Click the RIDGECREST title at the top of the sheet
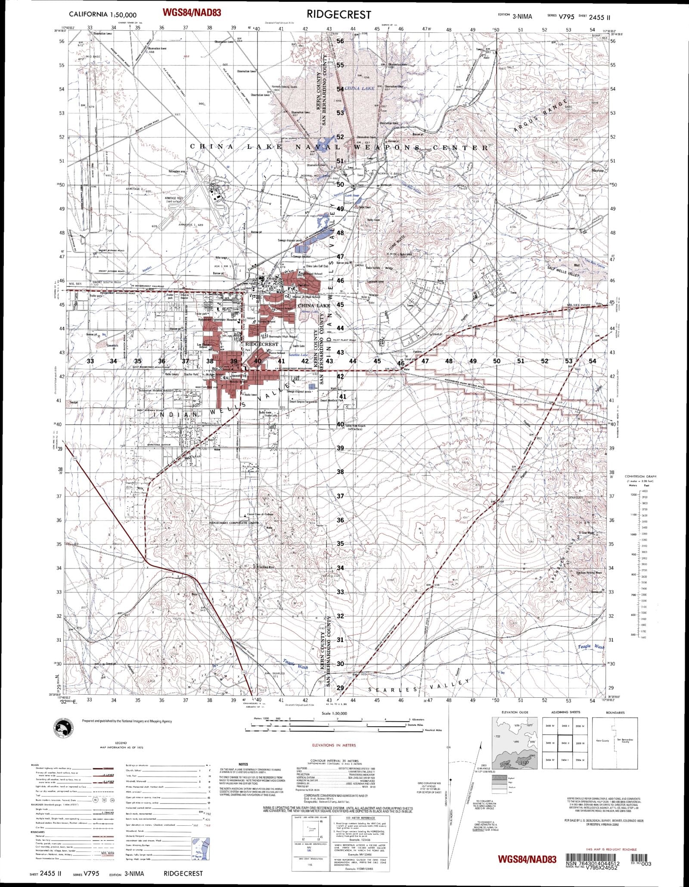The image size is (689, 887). (x=338, y=15)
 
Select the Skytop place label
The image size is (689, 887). (x=598, y=171)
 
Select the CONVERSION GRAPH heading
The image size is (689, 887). (x=642, y=476)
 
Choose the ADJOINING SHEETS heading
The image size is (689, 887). (x=565, y=712)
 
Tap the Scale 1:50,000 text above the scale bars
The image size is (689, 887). (x=334, y=713)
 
